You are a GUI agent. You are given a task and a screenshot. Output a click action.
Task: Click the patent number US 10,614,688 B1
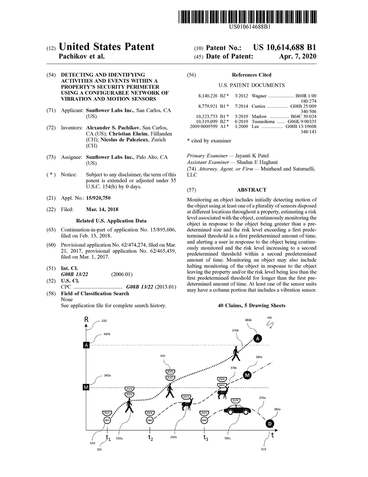tap(284, 47)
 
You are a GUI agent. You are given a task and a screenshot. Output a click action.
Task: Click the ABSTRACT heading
tap(251, 190)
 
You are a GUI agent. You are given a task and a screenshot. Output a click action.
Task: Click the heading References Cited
tap(251, 75)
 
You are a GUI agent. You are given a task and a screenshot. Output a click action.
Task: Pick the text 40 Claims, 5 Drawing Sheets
tap(251, 305)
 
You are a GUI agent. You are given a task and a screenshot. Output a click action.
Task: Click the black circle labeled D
tap(270, 424)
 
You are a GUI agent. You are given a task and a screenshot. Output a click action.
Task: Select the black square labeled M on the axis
tap(86, 387)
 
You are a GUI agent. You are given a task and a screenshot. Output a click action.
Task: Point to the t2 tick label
tap(151, 438)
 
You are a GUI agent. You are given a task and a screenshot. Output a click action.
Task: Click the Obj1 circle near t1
tap(107, 421)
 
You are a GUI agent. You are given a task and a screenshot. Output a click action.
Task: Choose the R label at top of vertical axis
tap(86, 319)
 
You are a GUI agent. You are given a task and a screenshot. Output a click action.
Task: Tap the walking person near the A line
tap(236, 354)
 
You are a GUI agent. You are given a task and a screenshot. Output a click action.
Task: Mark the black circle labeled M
tap(247, 375)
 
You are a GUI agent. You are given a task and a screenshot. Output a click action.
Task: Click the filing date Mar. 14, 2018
tap(102, 209)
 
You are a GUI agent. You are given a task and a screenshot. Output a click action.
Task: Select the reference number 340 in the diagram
tap(163, 356)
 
